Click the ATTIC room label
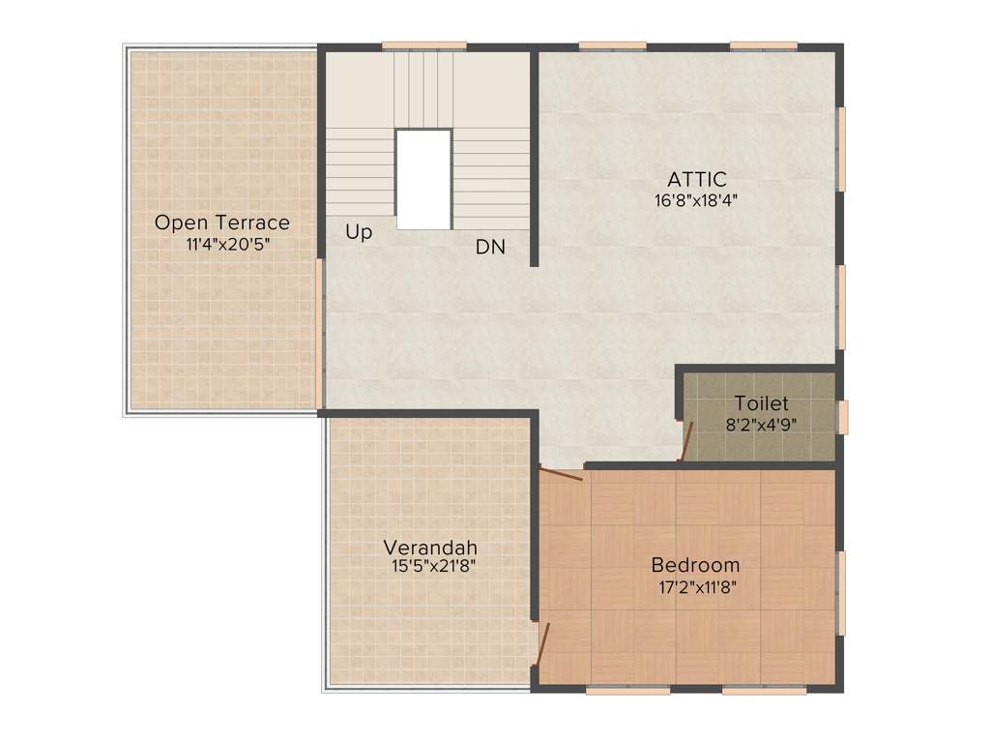[x=696, y=179]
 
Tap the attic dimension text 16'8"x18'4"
[x=696, y=201]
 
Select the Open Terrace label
[x=222, y=223]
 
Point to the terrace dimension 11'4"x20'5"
[x=227, y=245]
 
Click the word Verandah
[x=429, y=548]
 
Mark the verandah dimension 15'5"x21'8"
[x=433, y=567]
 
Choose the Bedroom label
[x=695, y=565]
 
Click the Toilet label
[x=761, y=403]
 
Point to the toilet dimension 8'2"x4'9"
[x=762, y=424]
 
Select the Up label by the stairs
[x=359, y=233]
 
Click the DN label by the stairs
[x=490, y=247]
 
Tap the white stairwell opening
[x=423, y=179]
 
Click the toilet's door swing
[x=685, y=440]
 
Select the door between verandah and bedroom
[x=543, y=642]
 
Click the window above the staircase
[x=423, y=45]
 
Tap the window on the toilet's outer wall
[x=842, y=417]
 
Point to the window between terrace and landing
[x=319, y=334]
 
